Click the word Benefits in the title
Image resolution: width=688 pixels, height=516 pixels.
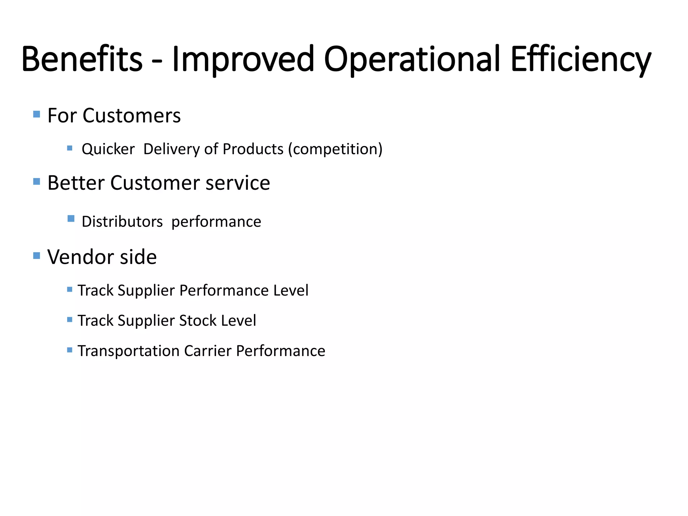pyautogui.click(x=82, y=59)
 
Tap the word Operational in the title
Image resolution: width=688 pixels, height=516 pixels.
pyautogui.click(x=412, y=59)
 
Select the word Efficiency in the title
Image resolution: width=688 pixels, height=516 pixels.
pyautogui.click(x=581, y=59)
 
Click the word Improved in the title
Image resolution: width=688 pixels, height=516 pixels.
pyautogui.click(x=243, y=59)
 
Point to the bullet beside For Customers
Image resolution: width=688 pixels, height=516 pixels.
pyautogui.click(x=37, y=114)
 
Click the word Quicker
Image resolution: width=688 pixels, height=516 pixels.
pyautogui.click(x=108, y=149)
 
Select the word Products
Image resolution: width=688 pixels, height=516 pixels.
pyautogui.click(x=253, y=149)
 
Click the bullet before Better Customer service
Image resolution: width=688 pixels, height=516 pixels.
pyautogui.click(x=37, y=182)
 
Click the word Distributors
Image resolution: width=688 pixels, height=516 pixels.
pyautogui.click(x=122, y=222)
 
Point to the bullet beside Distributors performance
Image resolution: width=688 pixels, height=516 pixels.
pyautogui.click(x=71, y=219)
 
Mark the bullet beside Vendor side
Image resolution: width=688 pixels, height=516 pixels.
pyautogui.click(x=37, y=256)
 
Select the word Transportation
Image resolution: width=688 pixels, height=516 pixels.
pyautogui.click(x=129, y=351)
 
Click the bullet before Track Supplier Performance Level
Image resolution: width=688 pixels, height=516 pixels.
pyautogui.click(x=70, y=289)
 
